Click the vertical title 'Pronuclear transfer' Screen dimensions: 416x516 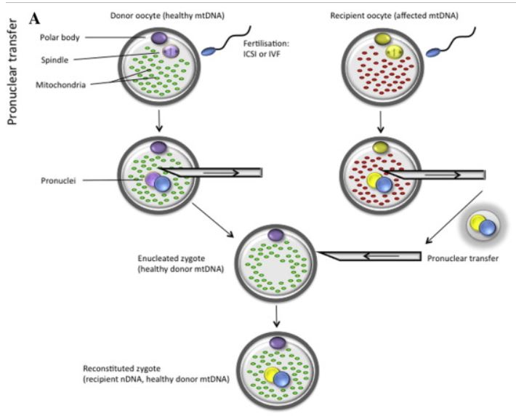(x=12, y=76)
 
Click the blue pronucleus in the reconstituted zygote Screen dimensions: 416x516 (x=281, y=380)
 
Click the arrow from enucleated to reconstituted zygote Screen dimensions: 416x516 (x=275, y=313)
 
